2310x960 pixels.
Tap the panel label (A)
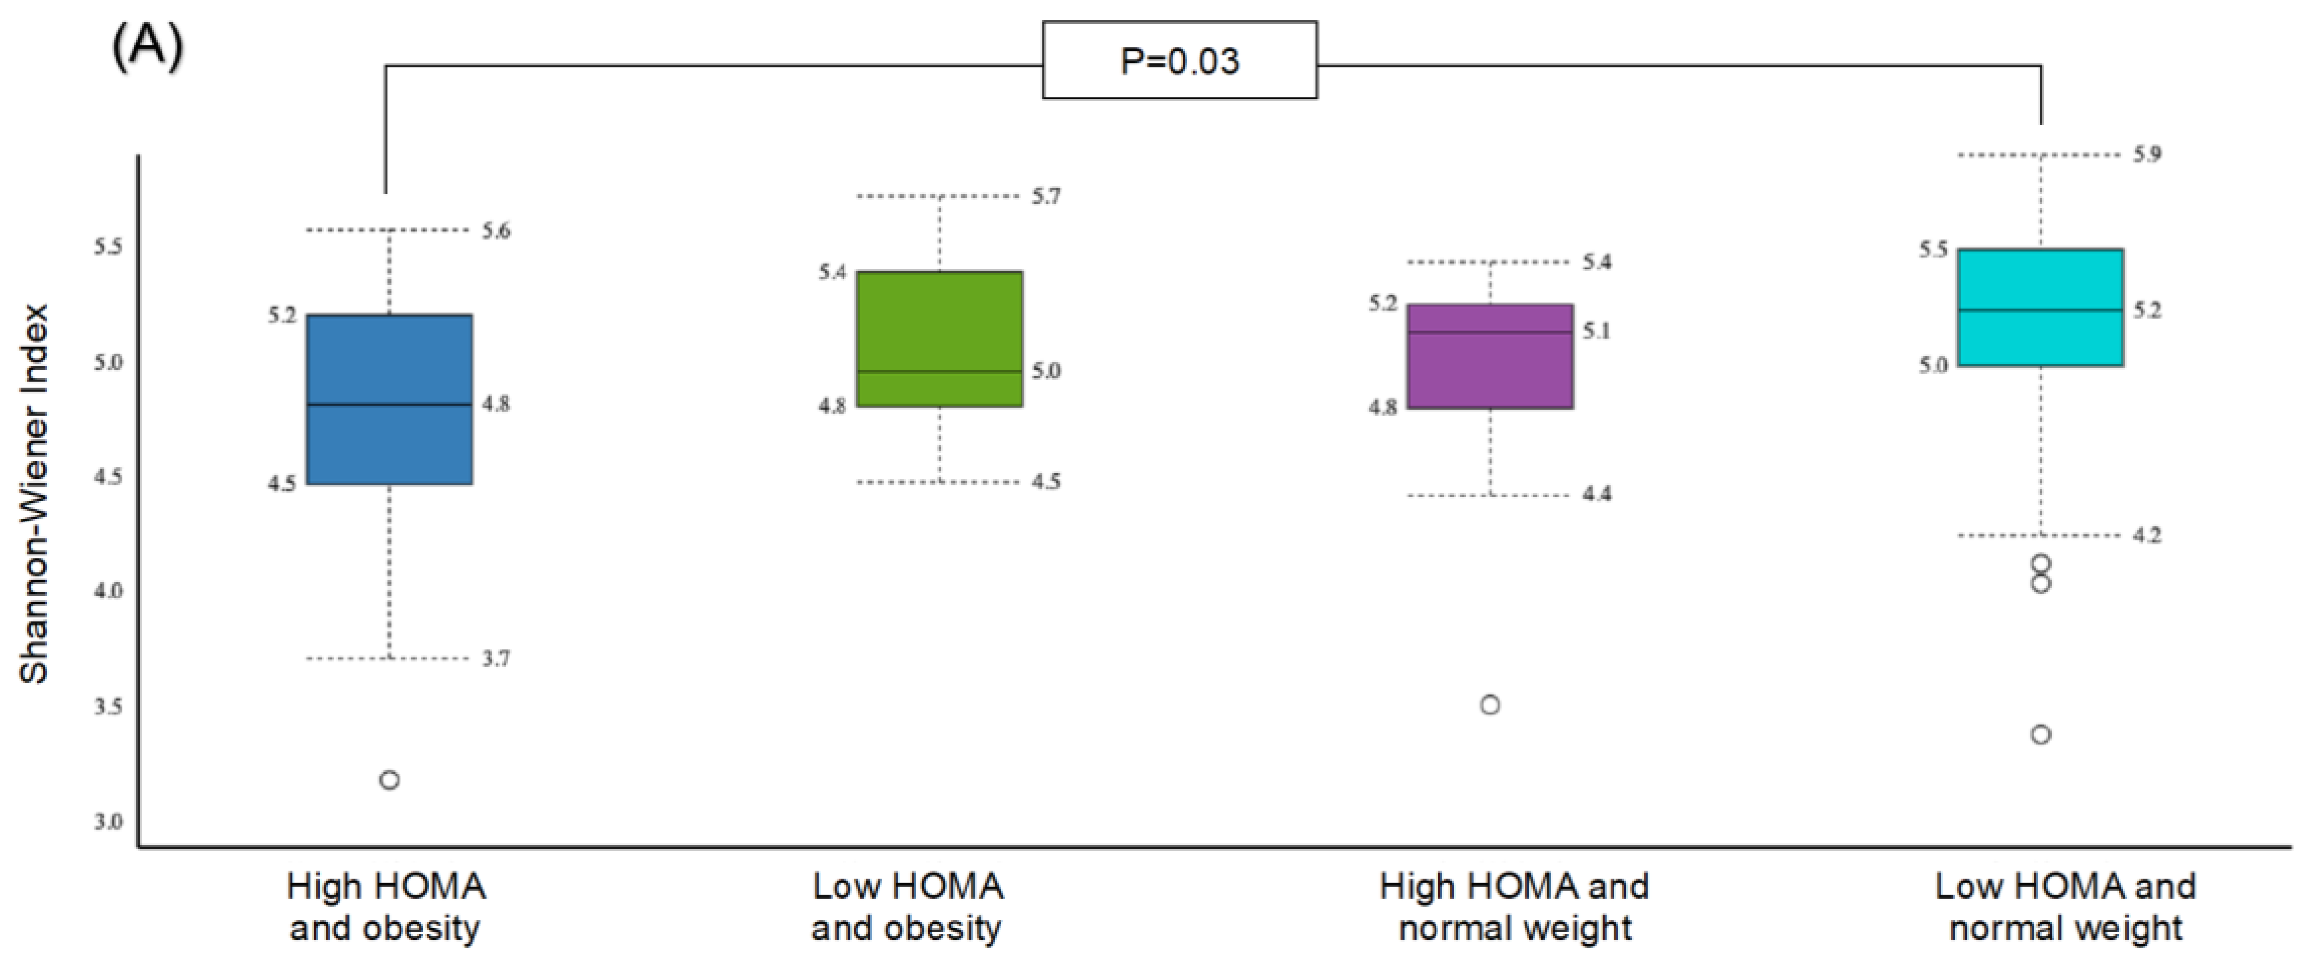pos(147,47)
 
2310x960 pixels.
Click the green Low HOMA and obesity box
pos(940,339)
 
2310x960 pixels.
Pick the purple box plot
pos(1491,356)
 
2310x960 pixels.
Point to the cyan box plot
pos(2041,308)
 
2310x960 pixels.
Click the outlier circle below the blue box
pos(389,780)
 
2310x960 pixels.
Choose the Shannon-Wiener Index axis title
pos(34,495)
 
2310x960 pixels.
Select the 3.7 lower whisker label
pos(496,659)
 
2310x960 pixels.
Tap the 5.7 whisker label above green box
pos(1046,196)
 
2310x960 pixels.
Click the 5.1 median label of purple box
pos(1596,331)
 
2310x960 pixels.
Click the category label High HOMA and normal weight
pos(1514,907)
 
